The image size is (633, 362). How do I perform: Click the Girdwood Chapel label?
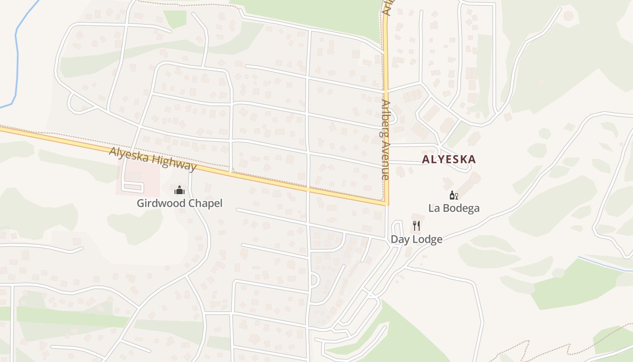tap(180, 203)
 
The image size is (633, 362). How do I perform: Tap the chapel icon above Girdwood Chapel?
tap(180, 190)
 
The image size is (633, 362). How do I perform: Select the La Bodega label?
tap(453, 208)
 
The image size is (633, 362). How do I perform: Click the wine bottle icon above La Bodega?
tap(453, 195)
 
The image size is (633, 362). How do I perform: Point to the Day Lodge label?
tap(416, 239)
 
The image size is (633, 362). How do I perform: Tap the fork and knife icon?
tap(416, 225)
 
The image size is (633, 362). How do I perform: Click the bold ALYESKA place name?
tap(449, 159)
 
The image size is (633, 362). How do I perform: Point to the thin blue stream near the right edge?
tap(606, 265)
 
